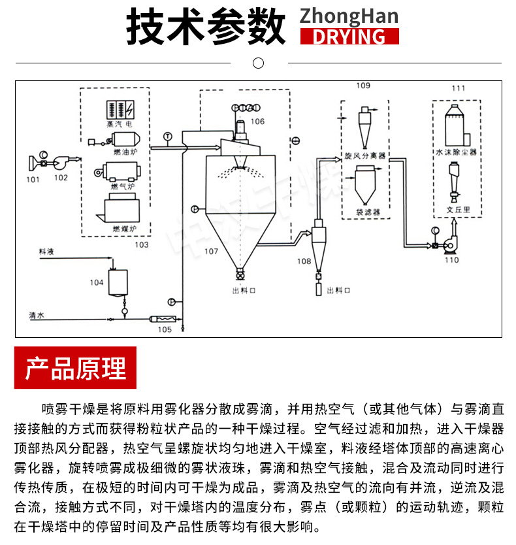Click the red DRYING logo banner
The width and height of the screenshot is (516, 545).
point(349,36)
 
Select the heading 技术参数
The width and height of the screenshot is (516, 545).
point(206,26)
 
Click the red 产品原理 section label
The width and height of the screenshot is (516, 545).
point(75,368)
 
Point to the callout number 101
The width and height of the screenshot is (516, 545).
point(33,178)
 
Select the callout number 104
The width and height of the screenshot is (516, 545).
point(97,282)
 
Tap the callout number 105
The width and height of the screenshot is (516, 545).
point(165,329)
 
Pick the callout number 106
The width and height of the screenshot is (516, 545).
point(257,122)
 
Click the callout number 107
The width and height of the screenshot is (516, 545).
point(211,251)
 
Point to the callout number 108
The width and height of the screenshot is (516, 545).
point(304,261)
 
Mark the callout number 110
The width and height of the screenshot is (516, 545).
point(452,260)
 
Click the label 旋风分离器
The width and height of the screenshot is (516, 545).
point(364,157)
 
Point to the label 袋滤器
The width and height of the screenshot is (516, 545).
point(368,212)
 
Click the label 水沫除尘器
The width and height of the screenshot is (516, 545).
point(457,152)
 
